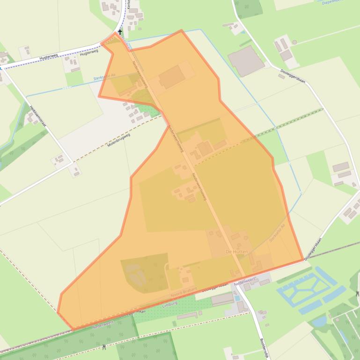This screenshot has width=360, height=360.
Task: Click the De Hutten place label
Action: click(236, 252)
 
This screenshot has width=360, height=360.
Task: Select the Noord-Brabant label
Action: click(184, 292)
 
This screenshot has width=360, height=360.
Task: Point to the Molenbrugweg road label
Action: click(118, 140)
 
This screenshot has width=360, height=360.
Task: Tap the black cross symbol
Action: click(120, 32)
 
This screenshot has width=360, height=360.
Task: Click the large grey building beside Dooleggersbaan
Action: click(246, 61)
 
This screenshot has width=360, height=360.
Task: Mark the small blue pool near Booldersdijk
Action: click(237, 298)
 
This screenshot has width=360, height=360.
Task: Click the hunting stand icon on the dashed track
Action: click(103, 347)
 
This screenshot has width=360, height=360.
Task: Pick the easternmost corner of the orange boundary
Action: click(303, 260)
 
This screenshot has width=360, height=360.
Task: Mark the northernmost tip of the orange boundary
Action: click(181, 30)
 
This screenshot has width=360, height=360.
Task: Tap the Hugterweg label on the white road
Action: click(49, 58)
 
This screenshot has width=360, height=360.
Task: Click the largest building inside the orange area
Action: click(171, 77)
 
